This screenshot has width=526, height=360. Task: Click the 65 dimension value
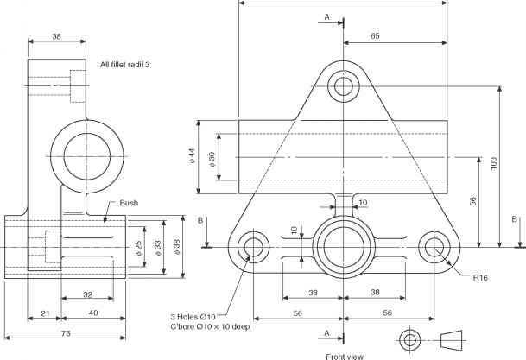tap(375, 36)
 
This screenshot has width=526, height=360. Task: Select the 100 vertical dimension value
tap(493, 165)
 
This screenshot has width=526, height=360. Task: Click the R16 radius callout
tap(481, 277)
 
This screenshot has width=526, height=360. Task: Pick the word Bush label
tap(129, 203)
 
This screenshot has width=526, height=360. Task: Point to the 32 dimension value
tap(88, 294)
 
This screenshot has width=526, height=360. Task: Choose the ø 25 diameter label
tap(139, 247)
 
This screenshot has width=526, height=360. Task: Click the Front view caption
tap(344, 355)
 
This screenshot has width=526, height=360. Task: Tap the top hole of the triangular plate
tap(344, 86)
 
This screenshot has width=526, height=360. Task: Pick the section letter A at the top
tap(326, 16)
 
